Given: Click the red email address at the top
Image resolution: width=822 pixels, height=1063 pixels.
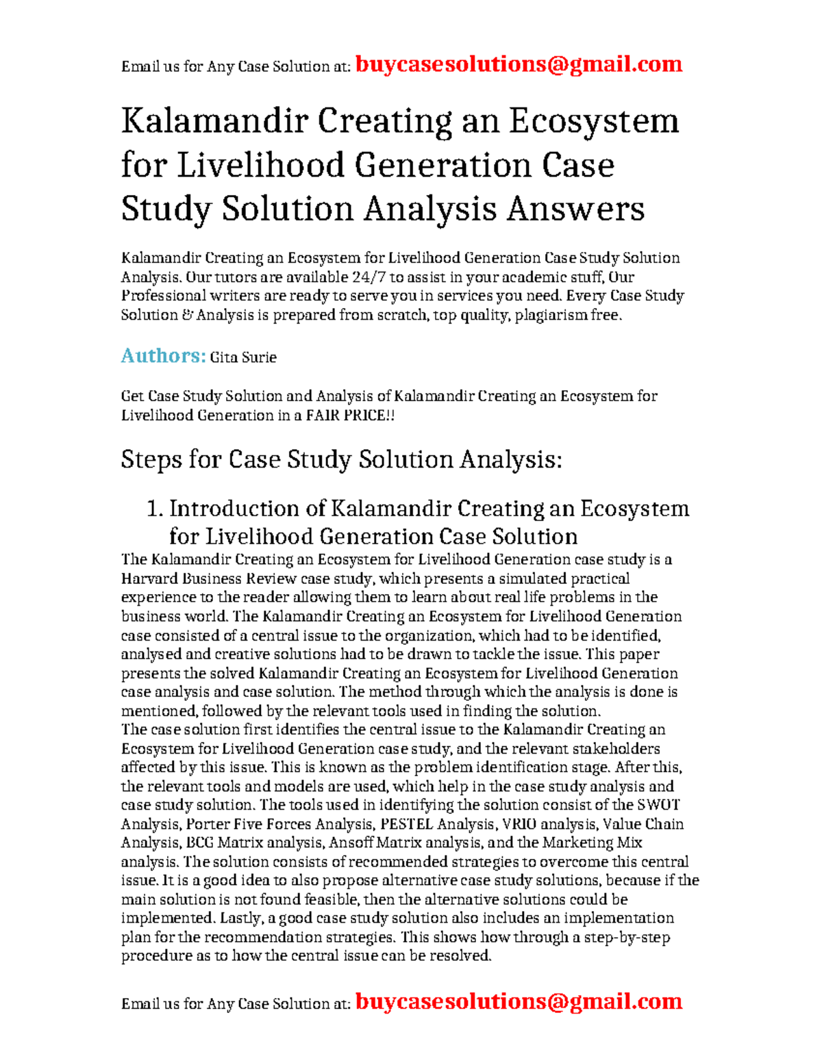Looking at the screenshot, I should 519,64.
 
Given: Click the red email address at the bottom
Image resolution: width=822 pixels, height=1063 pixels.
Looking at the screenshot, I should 519,1001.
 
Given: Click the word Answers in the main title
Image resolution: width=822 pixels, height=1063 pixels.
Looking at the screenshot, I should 575,209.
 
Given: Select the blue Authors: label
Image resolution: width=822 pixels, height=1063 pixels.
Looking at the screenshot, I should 163,356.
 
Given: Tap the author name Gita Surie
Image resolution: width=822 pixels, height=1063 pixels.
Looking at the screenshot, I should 243,357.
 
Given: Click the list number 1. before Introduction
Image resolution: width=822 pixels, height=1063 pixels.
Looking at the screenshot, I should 155,509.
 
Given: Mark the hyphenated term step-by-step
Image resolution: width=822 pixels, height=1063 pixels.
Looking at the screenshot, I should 627,937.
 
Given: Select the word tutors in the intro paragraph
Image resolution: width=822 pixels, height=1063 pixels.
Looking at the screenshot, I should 229,277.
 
